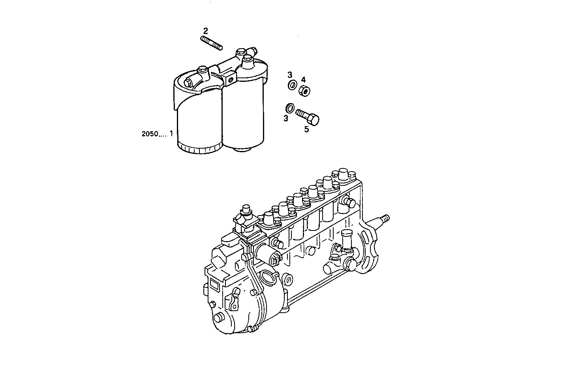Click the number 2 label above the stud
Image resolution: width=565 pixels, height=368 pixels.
coord(205,30)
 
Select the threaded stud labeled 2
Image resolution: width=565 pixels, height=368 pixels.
coord(212,43)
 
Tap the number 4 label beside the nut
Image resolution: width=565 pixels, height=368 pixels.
coord(304,79)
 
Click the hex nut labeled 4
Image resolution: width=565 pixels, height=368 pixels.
coord(304,91)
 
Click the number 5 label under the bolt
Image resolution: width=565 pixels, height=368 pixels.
coord(306,129)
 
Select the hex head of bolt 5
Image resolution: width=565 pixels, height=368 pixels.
coord(314,119)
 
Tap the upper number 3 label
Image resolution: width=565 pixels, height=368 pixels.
coord(289,75)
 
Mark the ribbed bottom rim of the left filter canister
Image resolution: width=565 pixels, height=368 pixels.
coord(199,149)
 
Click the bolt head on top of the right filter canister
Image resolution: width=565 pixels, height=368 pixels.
coord(247,59)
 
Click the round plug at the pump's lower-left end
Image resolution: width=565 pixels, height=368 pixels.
coord(218,319)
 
